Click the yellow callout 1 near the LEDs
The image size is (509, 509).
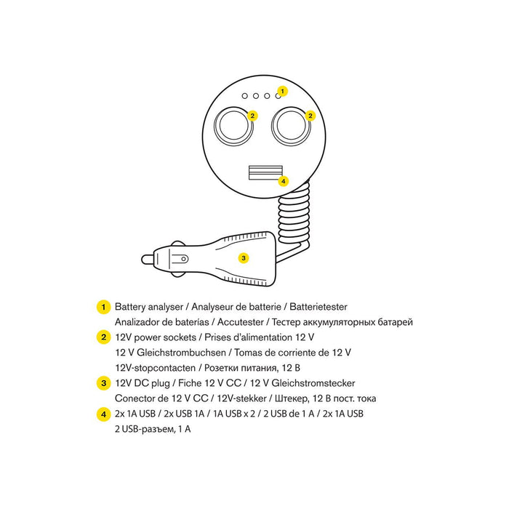[282, 91]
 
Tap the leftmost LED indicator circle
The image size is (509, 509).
[245, 96]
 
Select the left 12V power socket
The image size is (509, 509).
[233, 127]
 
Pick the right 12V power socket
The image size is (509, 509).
[291, 127]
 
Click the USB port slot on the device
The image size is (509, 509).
[265, 172]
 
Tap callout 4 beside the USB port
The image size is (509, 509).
[284, 181]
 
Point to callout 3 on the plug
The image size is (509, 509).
[244, 258]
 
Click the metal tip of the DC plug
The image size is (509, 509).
[147, 260]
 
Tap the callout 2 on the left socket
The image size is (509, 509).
[252, 116]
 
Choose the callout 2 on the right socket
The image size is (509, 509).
[310, 116]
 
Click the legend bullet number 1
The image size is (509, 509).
[103, 307]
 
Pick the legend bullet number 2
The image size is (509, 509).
[103, 337]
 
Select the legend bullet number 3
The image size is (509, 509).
[103, 383]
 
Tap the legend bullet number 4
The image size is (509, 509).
[103, 414]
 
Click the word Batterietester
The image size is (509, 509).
[318, 307]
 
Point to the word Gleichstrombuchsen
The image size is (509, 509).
[181, 353]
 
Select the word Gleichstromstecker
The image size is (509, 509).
[313, 383]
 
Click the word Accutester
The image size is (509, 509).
[241, 322]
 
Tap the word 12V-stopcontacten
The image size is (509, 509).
[156, 368]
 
